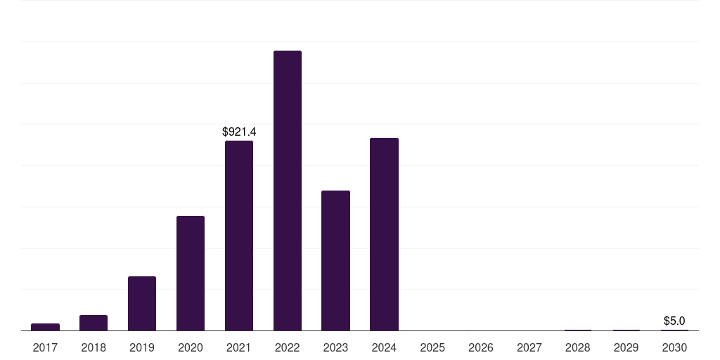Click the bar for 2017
(46, 327)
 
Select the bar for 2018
(94, 323)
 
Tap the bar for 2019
(142, 304)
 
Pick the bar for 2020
(191, 274)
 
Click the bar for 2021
(239, 236)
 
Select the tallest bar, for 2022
(288, 191)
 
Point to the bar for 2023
(335, 260)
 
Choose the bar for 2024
(384, 234)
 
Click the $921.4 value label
(239, 131)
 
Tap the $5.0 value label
(674, 321)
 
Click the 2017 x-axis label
(46, 347)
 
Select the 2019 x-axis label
(142, 347)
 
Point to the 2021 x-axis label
(239, 347)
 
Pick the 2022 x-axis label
(288, 347)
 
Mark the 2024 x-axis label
(384, 347)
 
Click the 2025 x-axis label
(432, 347)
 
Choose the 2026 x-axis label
(481, 347)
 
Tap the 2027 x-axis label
(529, 347)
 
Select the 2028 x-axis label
(578, 347)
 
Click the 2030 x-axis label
(674, 347)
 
